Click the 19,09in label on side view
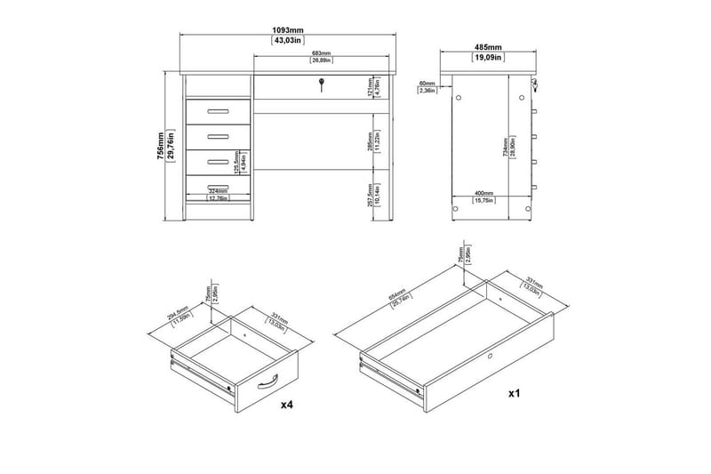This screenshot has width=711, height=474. click(x=487, y=57)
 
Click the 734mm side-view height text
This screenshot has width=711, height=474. click(x=506, y=142)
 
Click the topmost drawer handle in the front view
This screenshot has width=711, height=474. click(x=216, y=112)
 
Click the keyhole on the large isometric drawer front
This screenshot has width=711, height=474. click(x=488, y=357)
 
